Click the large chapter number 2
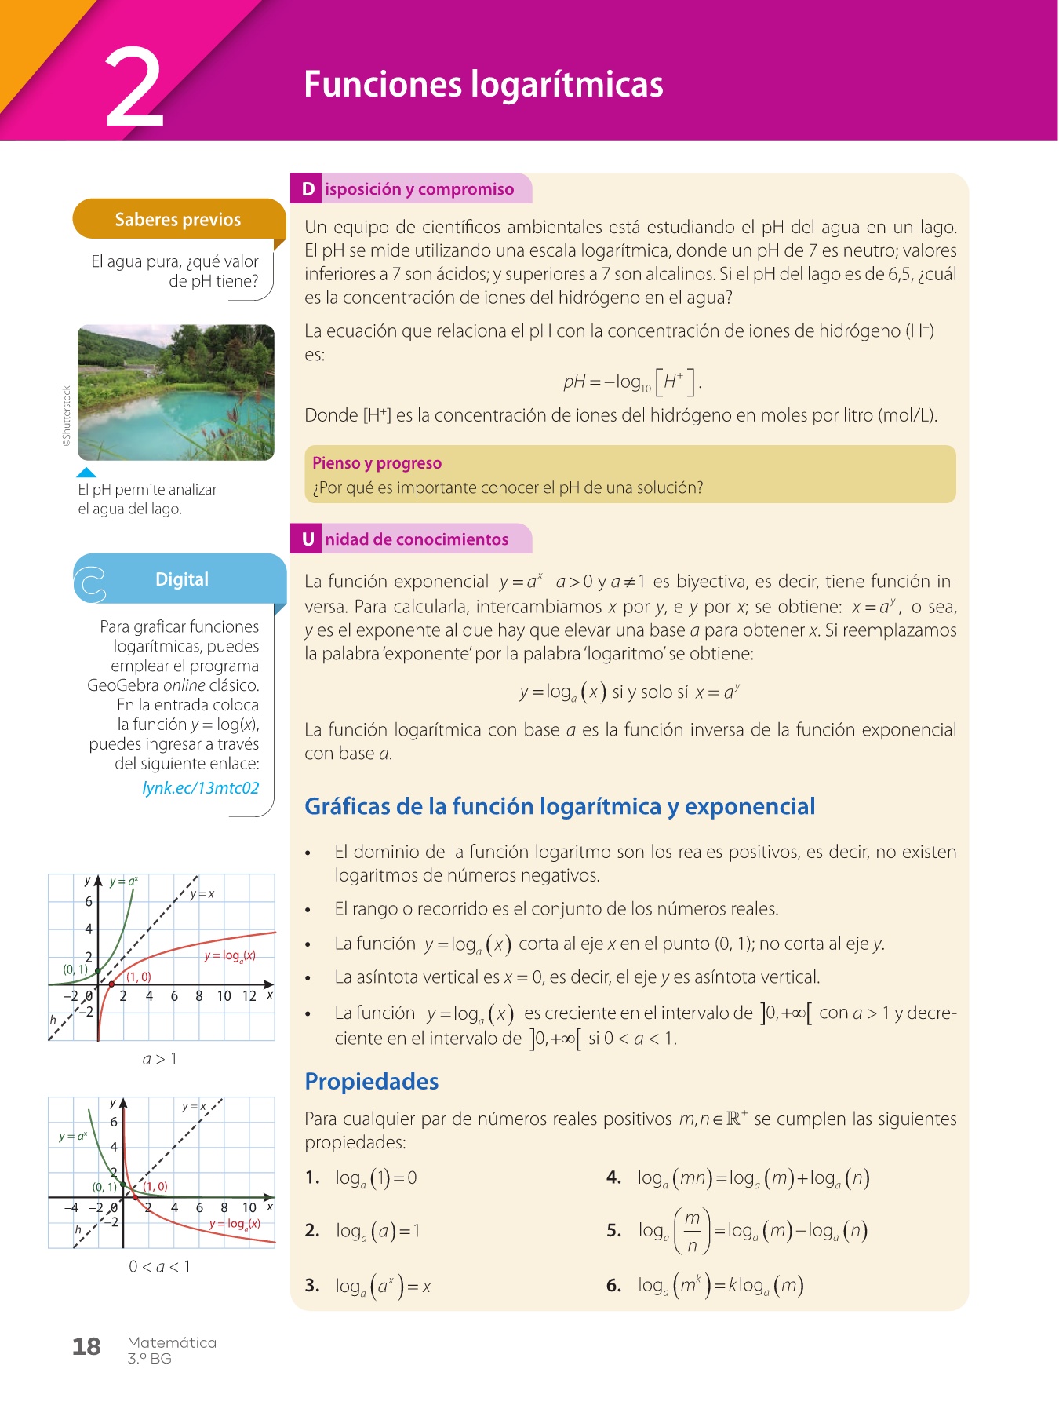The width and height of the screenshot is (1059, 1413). point(135,88)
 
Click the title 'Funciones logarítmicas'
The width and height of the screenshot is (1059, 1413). point(483,85)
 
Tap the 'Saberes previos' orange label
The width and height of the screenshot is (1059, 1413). point(178,220)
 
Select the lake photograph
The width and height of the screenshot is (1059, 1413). point(176,392)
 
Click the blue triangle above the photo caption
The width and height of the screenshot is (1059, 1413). point(86,473)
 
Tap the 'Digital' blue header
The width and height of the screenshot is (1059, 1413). point(182,579)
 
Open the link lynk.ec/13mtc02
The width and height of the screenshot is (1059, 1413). point(201,788)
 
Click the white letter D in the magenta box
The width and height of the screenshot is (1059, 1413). point(308,189)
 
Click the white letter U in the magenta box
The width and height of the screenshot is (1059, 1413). point(308,539)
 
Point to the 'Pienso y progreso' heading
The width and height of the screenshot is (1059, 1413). point(377,463)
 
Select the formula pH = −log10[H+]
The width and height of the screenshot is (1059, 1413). point(632,382)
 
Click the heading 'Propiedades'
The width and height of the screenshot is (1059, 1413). point(371,1082)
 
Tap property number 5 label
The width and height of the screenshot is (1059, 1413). point(613,1230)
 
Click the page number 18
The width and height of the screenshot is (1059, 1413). point(86,1347)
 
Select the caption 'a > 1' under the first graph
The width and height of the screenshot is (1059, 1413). point(159,1059)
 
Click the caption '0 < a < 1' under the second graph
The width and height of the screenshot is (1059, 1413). point(159,1266)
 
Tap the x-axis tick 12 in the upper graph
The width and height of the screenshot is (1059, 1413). point(249,996)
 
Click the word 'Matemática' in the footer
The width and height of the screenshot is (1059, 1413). point(172,1342)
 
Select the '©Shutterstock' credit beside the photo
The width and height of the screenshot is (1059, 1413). point(67,416)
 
